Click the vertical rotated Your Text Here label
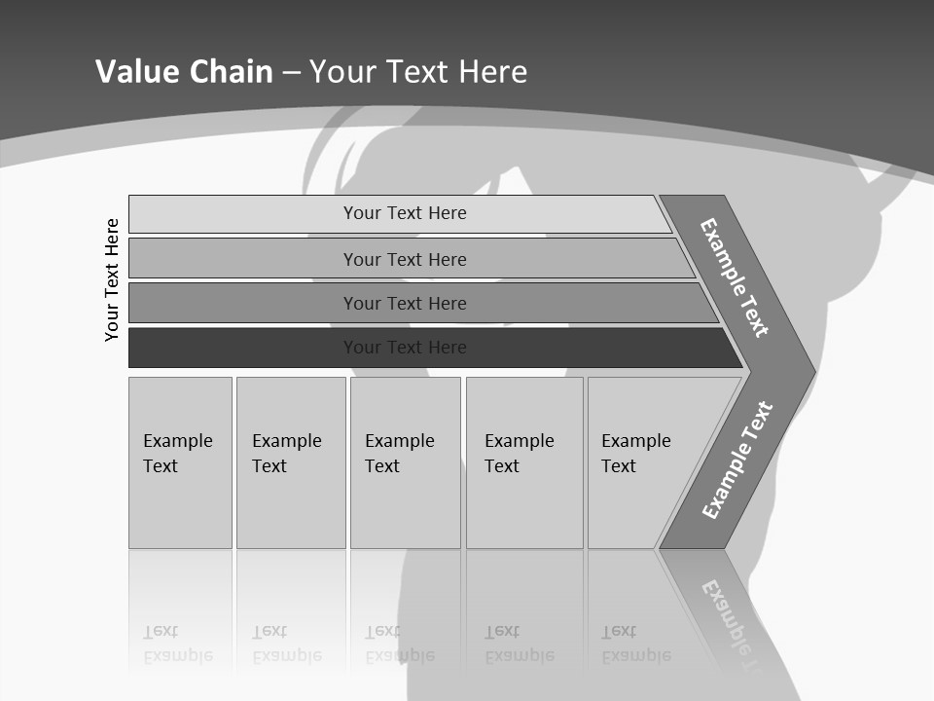point(112,279)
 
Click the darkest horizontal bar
point(243,348)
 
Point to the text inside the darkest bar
point(405,348)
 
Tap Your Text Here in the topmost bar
point(405,213)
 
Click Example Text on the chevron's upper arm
point(735,277)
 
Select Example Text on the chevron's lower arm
point(737,461)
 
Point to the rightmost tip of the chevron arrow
point(812,371)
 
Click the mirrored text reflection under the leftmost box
point(178,644)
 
